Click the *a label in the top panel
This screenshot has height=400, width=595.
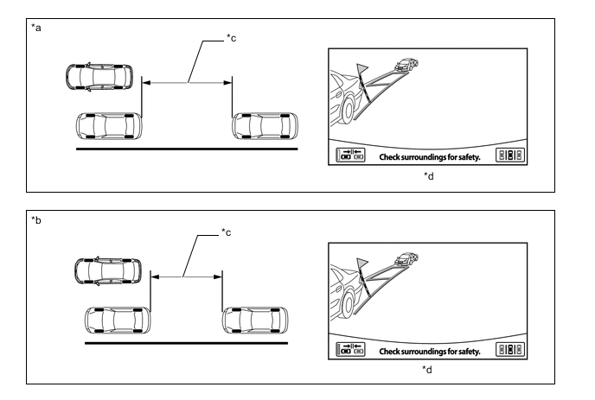36,28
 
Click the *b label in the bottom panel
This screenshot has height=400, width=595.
36,220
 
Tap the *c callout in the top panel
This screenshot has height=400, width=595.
231,38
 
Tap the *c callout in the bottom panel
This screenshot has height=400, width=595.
227,232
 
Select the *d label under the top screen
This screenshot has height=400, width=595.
429,176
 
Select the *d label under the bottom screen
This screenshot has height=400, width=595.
427,369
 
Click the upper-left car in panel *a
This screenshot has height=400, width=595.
99,77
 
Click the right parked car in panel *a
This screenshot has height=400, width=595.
265,126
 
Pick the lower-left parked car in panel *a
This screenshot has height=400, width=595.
109,126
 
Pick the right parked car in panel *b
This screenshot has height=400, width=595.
255,321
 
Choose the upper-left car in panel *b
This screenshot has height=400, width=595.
108,271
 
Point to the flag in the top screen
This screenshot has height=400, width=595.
362,68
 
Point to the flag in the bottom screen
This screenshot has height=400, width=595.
362,263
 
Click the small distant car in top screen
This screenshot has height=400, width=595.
406,65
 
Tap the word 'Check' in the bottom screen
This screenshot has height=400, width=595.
389,352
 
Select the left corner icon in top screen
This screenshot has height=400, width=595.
350,155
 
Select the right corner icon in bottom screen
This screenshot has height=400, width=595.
510,349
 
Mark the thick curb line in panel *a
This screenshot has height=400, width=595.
187,149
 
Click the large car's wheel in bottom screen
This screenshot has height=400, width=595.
348,304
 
